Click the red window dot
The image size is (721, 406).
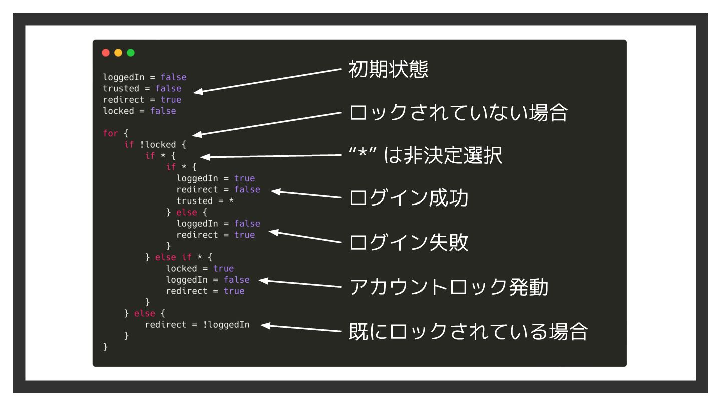106,52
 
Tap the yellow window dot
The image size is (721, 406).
118,52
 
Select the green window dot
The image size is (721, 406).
131,52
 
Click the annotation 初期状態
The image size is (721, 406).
388,70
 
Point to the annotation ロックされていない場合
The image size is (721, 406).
458,114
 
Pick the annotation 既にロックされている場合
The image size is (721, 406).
467,333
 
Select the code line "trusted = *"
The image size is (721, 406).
205,201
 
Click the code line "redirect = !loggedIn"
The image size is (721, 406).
197,324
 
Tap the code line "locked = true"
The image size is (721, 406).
200,268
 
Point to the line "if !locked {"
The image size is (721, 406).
155,145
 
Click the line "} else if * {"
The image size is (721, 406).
179,257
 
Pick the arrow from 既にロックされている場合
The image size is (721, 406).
300,328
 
